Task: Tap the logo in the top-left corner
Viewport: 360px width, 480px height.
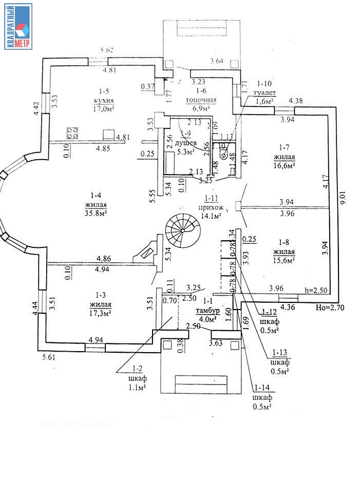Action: click(18, 26)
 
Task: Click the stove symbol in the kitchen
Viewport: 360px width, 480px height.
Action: click(72, 133)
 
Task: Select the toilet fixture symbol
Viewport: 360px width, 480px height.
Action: click(223, 154)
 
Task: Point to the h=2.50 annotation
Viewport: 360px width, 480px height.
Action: click(315, 291)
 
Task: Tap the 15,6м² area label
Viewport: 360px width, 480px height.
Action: click(283, 261)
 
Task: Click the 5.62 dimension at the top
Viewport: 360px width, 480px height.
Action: click(107, 50)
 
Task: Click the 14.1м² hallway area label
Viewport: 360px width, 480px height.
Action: click(210, 216)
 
